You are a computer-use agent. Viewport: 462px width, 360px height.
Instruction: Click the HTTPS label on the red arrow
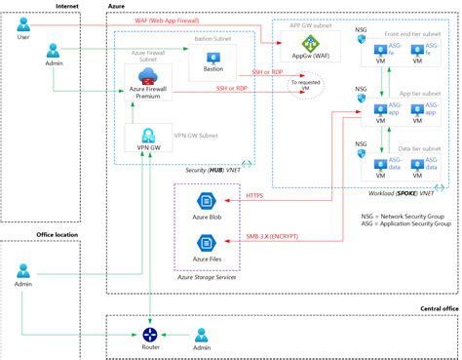(253, 195)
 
